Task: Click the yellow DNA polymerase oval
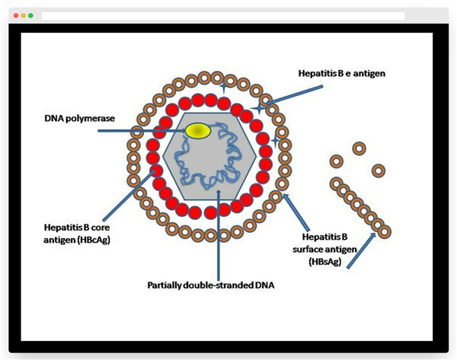199,131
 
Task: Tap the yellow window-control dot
23,15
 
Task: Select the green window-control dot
30,15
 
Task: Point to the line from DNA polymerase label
145,131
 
